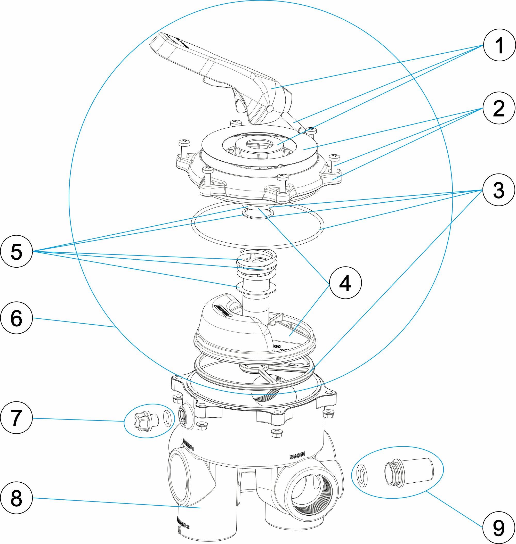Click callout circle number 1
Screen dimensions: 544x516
tap(499, 45)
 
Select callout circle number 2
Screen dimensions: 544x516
tap(499, 108)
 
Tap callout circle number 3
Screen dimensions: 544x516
tap(499, 190)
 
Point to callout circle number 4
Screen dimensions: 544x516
tap(345, 283)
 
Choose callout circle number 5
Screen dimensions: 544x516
tap(17, 251)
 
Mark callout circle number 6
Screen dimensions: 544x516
tap(17, 318)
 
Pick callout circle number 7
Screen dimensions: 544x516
tap(17, 418)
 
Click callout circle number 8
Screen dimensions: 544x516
tap(17, 498)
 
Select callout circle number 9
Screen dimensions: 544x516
tap(499, 527)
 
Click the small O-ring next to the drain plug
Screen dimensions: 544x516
tap(167, 418)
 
